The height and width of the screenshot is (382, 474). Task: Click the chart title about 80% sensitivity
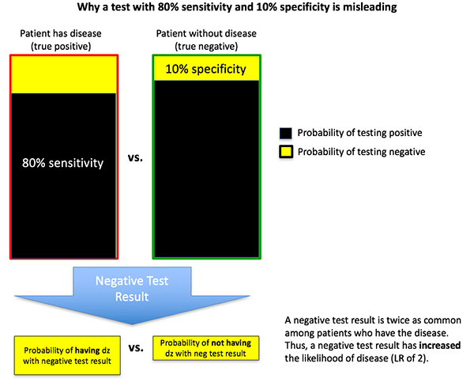(237, 8)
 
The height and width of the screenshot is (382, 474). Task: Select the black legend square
(286, 133)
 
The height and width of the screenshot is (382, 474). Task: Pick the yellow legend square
(286, 151)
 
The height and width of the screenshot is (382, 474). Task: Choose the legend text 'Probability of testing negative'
(362, 151)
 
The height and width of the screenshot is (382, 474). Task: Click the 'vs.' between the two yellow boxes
(134, 347)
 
